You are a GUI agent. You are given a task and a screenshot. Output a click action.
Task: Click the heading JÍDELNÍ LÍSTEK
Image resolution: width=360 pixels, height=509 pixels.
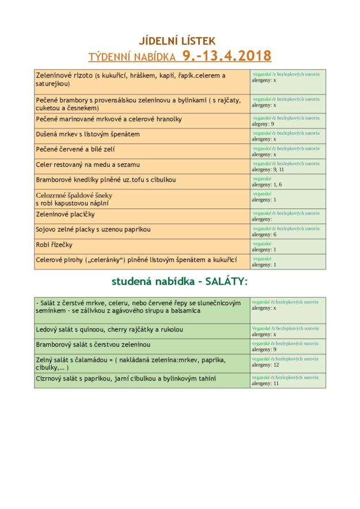[177, 41]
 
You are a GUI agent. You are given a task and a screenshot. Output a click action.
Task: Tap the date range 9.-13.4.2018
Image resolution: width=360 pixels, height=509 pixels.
[226, 56]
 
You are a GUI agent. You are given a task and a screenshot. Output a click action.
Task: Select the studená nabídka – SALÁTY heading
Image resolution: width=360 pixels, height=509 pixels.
[179, 282]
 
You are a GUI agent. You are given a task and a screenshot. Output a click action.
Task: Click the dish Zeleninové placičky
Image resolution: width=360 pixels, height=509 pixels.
[66, 214]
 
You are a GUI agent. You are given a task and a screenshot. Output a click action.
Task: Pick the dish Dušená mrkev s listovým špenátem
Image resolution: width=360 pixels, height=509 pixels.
[88, 134]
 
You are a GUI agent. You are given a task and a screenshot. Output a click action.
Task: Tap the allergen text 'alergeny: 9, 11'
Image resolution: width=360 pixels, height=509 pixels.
[267, 170]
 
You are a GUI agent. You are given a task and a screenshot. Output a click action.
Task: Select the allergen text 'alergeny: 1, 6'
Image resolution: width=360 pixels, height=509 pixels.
[266, 185]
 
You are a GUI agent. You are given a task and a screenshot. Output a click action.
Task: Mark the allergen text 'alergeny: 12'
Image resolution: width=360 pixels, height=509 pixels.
[266, 364]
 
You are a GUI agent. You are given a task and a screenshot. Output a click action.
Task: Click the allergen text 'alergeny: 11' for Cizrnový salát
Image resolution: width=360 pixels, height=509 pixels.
[266, 383]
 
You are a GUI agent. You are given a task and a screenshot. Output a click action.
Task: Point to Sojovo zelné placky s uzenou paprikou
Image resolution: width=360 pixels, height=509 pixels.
[93, 229]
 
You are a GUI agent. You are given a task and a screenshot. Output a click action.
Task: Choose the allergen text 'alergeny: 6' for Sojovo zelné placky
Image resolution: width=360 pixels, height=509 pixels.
[264, 234]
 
